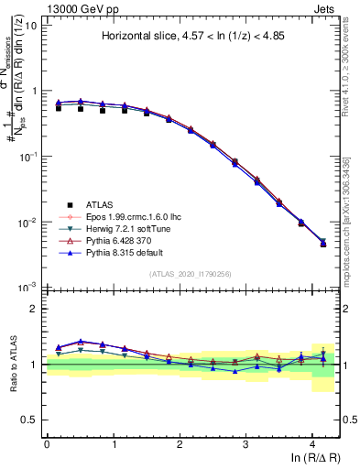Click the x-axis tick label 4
pyautogui.click(x=312, y=444)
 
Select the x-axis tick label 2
pyautogui.click(x=180, y=444)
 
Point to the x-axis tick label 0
pyautogui.click(x=47, y=444)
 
